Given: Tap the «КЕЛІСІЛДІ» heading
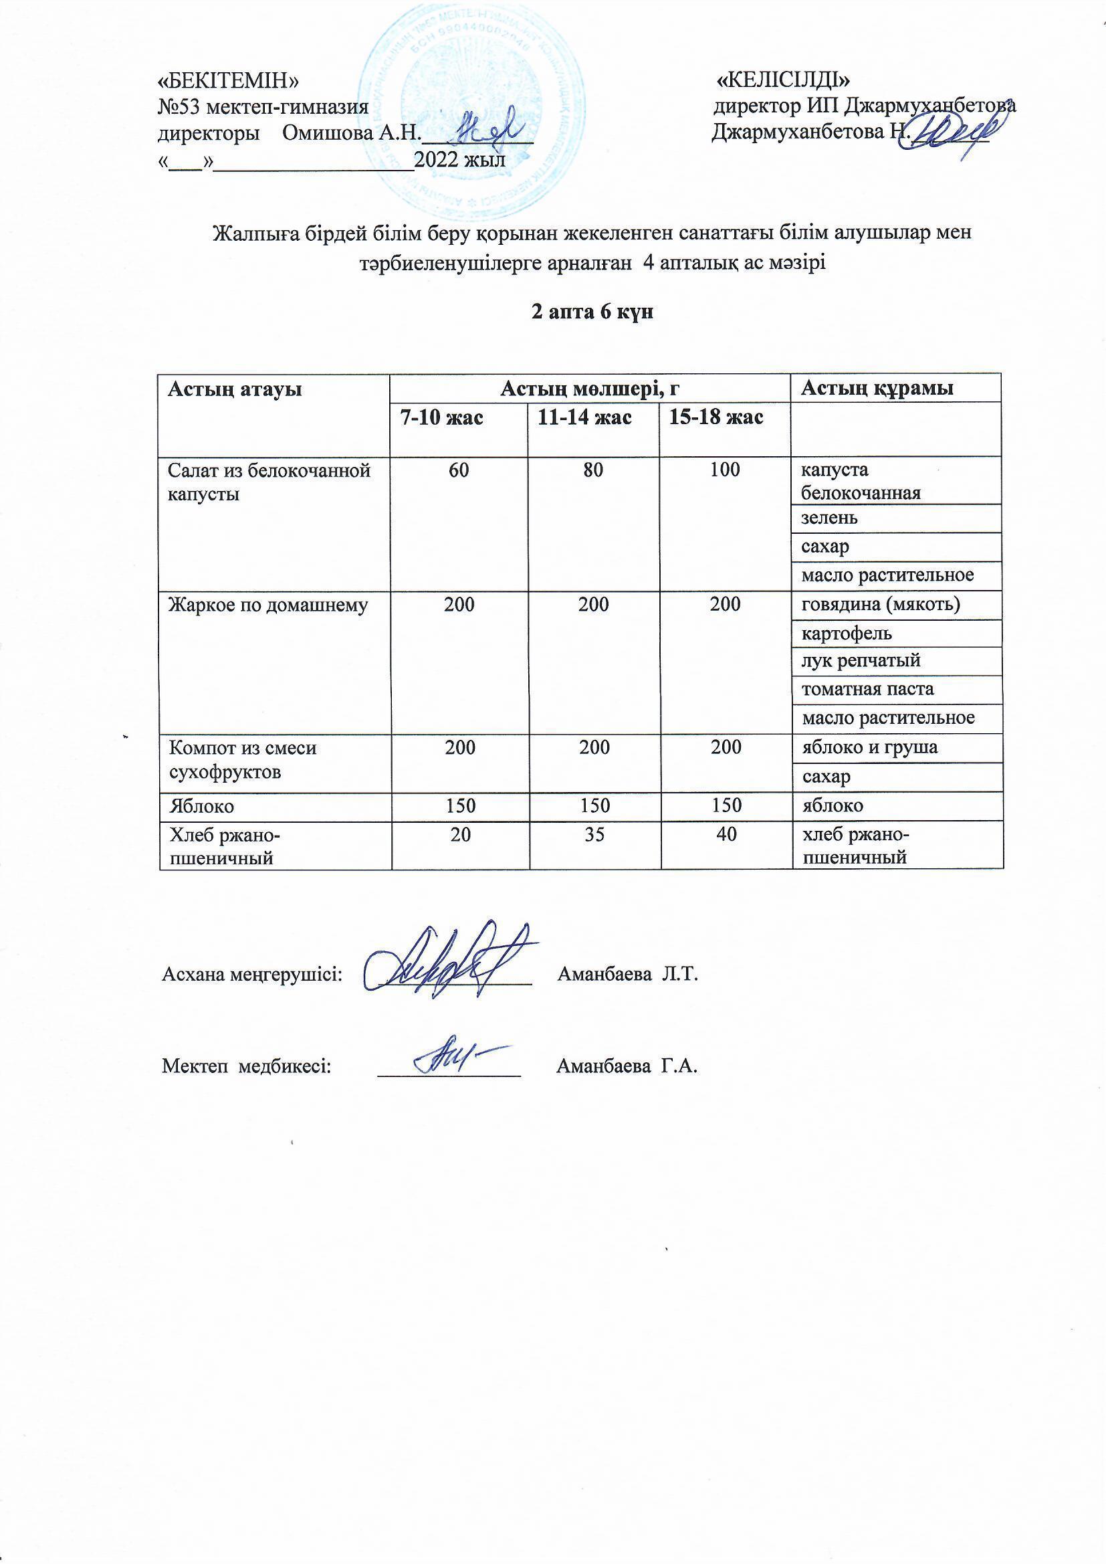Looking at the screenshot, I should tap(784, 80).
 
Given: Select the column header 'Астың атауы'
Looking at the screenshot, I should tap(234, 389).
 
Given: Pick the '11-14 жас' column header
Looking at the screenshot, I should tap(584, 417).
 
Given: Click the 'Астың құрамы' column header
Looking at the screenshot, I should tap(877, 388).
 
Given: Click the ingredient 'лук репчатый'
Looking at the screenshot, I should tap(861, 661).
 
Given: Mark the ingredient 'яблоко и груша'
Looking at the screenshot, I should tap(870, 747).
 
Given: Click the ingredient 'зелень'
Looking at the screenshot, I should tap(828, 518).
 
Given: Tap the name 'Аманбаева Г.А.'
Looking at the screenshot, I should tap(627, 1066).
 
